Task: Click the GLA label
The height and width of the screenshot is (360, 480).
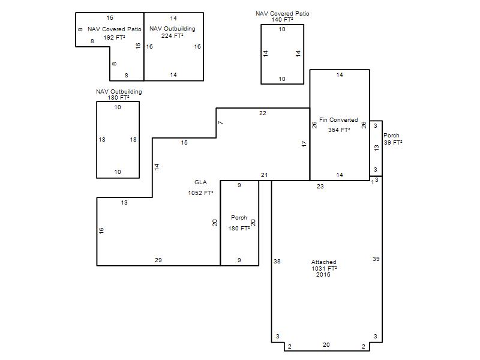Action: [200, 182]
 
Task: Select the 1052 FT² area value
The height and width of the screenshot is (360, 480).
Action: [200, 193]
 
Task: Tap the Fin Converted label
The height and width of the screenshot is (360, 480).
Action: [338, 119]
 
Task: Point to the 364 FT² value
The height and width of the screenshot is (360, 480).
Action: [339, 130]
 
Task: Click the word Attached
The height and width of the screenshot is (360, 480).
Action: [323, 262]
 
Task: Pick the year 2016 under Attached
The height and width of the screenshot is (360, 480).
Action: [323, 275]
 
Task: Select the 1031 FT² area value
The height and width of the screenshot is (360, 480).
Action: [324, 268]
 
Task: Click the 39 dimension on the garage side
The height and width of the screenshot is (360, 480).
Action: [376, 259]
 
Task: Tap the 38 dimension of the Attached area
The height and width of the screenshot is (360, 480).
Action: [277, 261]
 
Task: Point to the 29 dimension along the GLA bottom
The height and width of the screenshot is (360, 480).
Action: [158, 260]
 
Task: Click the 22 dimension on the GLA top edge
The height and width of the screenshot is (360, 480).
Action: [262, 113]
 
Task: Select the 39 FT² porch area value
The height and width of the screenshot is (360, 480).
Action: [393, 142]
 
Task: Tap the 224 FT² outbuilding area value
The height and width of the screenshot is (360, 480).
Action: [172, 35]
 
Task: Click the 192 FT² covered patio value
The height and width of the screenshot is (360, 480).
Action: [114, 37]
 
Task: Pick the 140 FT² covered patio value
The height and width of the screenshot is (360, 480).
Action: [282, 20]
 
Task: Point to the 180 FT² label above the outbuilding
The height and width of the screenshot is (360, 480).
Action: [118, 98]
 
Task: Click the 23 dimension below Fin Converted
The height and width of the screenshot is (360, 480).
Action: [320, 186]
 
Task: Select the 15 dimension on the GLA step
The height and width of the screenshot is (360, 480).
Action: [184, 142]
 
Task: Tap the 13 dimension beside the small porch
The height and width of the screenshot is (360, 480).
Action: [377, 148]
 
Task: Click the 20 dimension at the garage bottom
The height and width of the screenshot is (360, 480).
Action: [326, 344]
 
